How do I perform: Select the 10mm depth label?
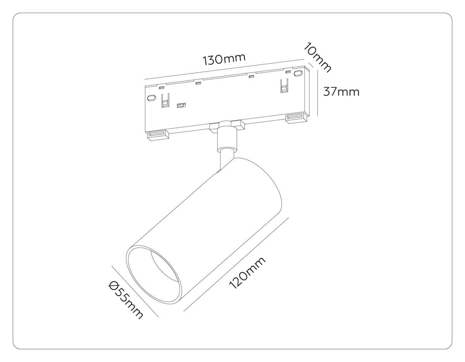tap(317, 57)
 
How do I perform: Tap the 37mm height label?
tap(341, 92)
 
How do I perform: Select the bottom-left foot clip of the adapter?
tap(157, 135)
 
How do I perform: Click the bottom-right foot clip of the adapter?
tap(296, 118)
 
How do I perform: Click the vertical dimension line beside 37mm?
tap(318, 93)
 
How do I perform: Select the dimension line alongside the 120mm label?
tap(236, 264)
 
